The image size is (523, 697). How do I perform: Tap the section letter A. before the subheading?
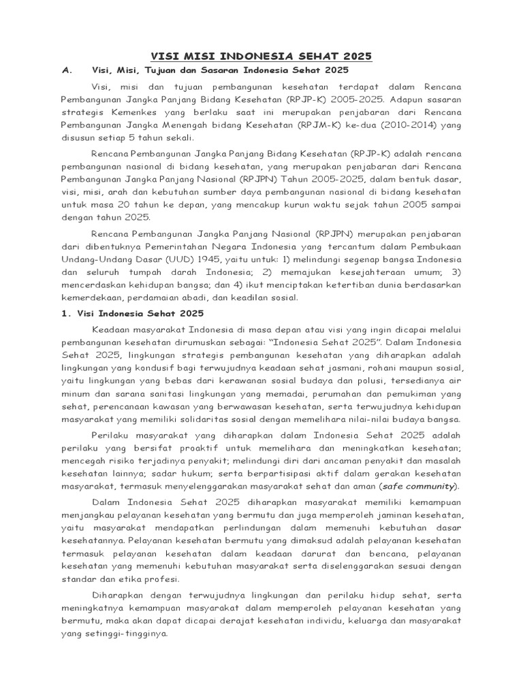point(67,71)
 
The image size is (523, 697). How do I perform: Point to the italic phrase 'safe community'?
point(419,486)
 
